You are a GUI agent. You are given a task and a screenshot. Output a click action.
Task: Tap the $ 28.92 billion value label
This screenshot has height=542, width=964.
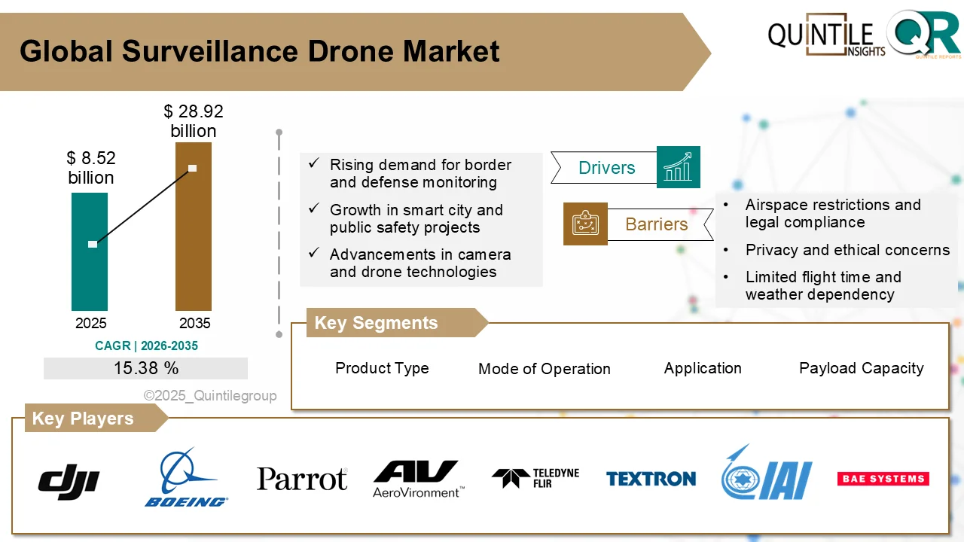point(194,121)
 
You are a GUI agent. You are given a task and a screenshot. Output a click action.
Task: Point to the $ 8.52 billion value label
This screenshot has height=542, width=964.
point(91,168)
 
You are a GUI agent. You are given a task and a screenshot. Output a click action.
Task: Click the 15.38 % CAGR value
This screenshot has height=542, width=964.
point(146,368)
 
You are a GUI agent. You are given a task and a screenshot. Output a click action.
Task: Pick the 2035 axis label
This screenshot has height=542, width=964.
point(194,324)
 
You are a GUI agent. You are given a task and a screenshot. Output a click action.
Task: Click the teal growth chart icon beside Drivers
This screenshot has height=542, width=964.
point(678,167)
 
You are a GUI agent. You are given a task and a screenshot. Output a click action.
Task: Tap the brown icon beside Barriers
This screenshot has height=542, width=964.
point(585,224)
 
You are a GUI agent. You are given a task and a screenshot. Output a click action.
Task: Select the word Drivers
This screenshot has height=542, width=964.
point(606,168)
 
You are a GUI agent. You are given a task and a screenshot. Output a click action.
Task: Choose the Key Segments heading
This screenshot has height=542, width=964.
point(376,323)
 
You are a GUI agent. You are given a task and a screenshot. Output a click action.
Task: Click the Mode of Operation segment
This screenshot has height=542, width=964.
point(544,369)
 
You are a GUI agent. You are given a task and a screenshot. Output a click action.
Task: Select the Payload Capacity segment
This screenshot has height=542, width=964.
point(861,368)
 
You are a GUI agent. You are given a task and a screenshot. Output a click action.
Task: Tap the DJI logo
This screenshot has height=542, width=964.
point(69,479)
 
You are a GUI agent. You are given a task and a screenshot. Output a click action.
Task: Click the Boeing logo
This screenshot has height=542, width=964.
point(185,479)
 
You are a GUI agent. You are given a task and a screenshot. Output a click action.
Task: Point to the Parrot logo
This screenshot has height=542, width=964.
point(302,479)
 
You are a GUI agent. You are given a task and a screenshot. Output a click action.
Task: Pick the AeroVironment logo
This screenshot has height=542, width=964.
point(416,479)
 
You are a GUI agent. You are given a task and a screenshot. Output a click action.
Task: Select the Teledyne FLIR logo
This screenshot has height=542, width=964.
point(535,478)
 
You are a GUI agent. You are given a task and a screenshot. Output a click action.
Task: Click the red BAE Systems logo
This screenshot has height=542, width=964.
point(883,479)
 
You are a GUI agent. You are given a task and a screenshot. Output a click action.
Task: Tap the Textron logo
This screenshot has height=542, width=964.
point(651,479)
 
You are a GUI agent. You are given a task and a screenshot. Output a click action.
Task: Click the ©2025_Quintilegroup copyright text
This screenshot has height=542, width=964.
point(210,395)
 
